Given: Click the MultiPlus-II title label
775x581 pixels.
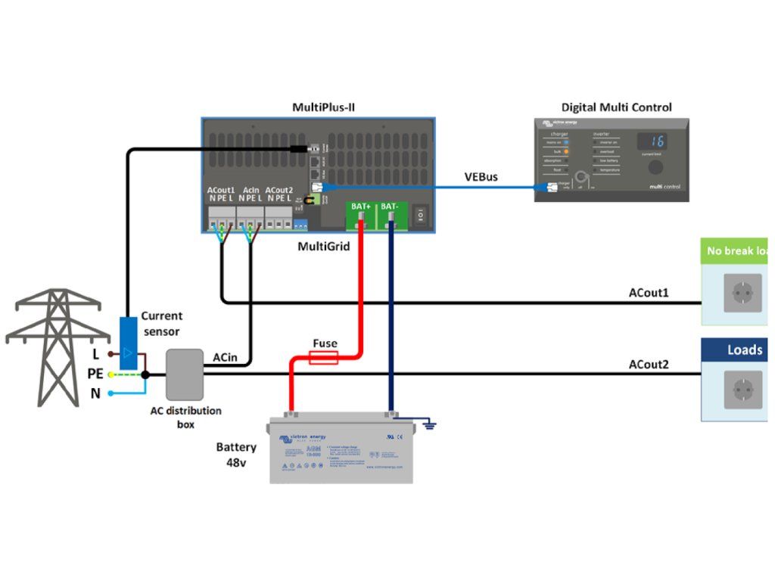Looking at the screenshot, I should tap(323, 107).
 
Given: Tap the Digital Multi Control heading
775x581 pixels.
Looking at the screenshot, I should tap(616, 107).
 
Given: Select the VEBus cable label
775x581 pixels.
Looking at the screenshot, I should tap(481, 177).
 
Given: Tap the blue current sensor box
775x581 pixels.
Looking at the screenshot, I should tap(129, 344).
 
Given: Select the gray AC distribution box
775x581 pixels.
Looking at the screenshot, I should tap(185, 374).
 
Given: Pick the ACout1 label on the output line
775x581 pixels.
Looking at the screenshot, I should tap(649, 292).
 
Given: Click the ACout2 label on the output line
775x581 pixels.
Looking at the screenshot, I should tap(649, 365).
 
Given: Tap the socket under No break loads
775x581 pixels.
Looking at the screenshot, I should tap(742, 293).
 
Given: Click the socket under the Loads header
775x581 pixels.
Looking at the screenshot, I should tap(742, 390).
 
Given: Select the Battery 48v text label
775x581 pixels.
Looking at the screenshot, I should tap(236, 454).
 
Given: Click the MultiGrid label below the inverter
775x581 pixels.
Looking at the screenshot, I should tap(323, 246).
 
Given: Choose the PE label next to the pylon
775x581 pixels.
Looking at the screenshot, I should tap(95, 374).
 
